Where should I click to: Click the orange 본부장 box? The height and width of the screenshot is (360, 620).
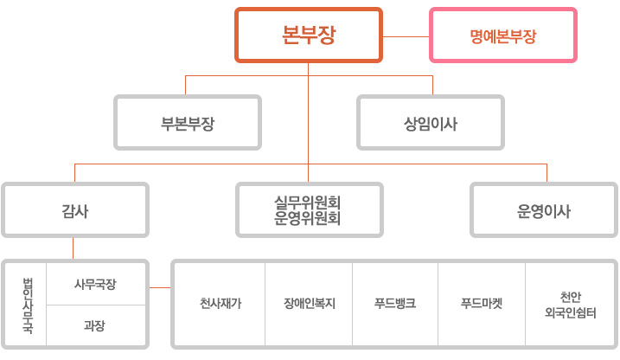309,35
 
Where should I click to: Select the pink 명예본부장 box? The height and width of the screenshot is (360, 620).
503,35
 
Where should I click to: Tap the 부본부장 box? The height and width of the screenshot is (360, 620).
187,123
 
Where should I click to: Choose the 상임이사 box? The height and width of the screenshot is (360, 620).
431,123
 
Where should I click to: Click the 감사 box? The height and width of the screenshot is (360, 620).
74,209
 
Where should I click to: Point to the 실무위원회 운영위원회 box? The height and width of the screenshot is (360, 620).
309,209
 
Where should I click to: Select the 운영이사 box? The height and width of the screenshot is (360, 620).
544,209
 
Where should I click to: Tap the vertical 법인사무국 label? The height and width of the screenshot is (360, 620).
28,304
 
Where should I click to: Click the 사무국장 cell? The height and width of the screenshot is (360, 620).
95,284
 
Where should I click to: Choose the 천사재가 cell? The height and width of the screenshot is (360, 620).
221,304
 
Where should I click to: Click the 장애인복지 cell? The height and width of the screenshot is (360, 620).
309,304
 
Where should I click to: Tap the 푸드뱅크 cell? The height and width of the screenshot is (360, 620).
395,304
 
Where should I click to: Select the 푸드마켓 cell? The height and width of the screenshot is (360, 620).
482,304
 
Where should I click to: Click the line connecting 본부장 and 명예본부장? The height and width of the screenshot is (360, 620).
406,36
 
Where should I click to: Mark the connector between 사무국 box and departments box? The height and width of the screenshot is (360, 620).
159,287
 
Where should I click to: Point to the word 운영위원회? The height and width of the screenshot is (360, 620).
309,219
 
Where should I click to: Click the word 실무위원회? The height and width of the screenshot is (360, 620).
309,202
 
